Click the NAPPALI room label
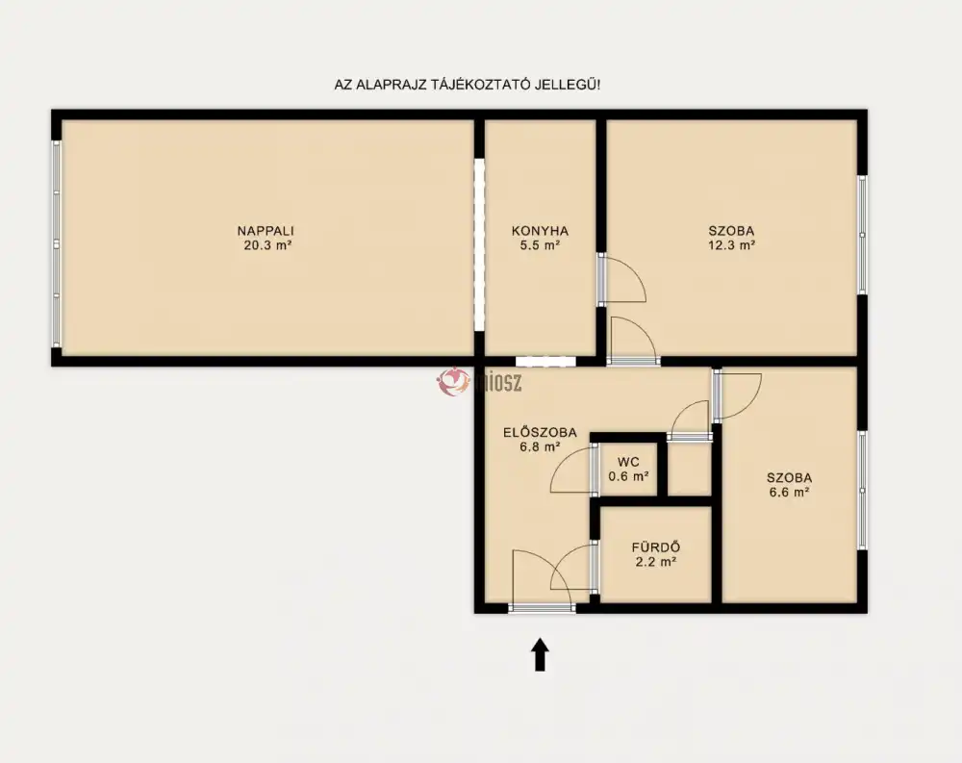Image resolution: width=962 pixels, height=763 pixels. (266, 231)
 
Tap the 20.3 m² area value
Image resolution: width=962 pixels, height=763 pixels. (266, 245)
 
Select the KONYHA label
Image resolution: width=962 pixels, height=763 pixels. (540, 231)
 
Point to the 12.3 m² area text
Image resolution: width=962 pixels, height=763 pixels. (731, 245)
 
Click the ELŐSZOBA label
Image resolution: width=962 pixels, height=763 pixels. (540, 432)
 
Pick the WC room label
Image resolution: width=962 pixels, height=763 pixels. (628, 462)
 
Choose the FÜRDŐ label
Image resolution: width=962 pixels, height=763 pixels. (656, 547)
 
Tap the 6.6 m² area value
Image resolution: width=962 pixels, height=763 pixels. (790, 492)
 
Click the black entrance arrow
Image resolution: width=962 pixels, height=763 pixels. (540, 654)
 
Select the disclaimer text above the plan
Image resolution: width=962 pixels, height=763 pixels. (467, 85)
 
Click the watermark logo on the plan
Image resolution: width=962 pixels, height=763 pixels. (478, 382)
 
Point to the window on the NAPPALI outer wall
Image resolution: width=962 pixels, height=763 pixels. (57, 243)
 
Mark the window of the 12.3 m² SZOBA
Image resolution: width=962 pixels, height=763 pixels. (862, 235)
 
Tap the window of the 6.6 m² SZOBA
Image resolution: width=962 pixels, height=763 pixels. (862, 491)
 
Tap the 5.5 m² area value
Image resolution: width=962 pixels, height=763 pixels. (540, 245)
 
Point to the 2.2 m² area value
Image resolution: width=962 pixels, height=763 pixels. (656, 561)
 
